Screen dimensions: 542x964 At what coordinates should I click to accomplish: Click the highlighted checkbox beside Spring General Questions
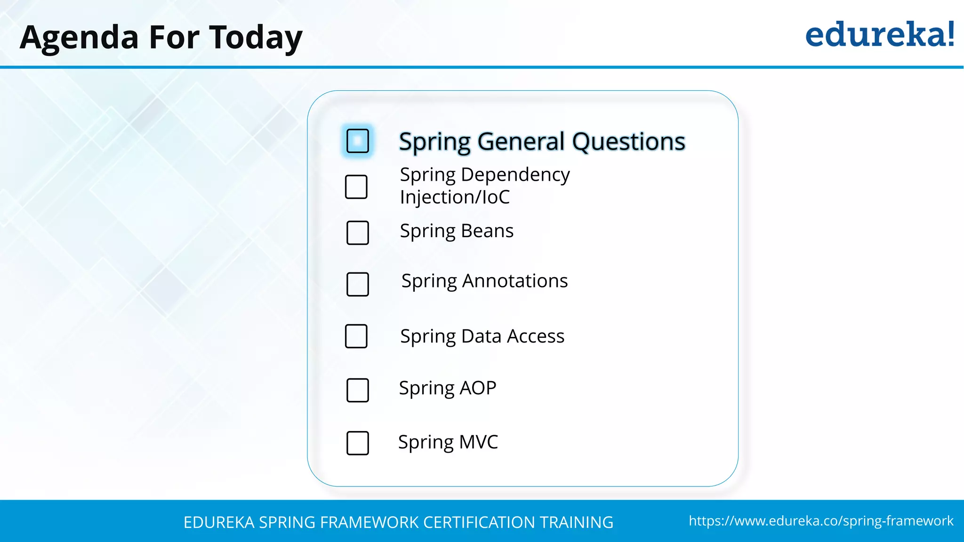(357, 141)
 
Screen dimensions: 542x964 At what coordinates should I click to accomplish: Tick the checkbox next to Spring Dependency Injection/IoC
(356, 187)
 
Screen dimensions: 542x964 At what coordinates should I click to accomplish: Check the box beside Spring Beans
(357, 232)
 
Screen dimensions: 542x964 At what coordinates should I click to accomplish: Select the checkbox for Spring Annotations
(357, 284)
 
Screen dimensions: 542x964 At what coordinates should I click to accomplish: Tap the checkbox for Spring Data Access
(356, 336)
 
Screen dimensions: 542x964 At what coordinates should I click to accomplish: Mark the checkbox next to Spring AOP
(357, 390)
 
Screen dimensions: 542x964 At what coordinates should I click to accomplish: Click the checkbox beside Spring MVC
(357, 443)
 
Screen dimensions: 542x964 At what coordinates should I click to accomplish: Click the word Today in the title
(256, 38)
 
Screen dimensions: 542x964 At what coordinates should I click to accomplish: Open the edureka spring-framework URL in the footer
(821, 521)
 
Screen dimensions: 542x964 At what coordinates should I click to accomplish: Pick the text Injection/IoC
(455, 197)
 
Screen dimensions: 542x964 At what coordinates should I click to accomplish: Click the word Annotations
(514, 281)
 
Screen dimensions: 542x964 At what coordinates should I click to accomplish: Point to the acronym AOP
(477, 388)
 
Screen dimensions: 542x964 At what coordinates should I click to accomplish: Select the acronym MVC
(478, 442)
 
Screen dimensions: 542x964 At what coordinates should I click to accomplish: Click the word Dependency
(515, 175)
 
